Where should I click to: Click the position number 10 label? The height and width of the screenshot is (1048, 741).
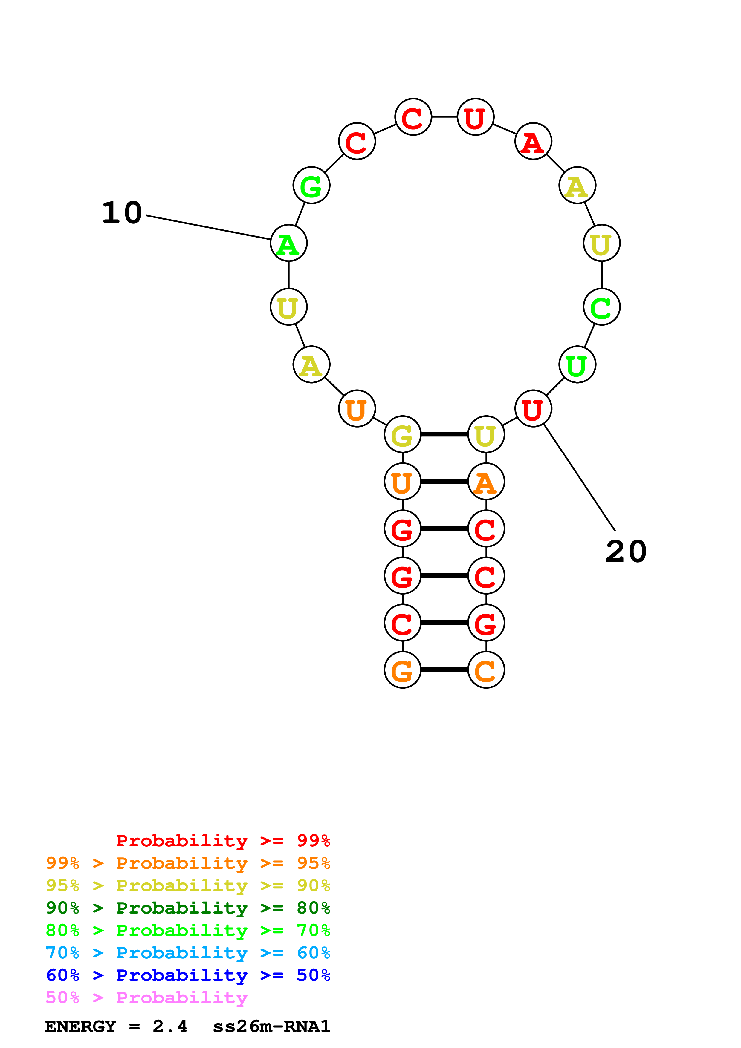[122, 213]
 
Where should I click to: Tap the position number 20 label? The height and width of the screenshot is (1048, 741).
[626, 552]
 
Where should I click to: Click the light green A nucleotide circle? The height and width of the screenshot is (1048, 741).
[288, 243]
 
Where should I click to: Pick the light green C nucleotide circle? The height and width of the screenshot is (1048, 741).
[601, 307]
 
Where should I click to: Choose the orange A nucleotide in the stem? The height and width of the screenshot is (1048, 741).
[486, 482]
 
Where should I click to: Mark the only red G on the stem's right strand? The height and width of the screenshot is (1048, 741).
[486, 623]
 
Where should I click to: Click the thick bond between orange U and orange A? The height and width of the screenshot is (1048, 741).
[444, 482]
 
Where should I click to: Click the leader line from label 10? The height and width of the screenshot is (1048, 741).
[208, 227]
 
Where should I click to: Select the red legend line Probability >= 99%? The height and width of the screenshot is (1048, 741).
[223, 841]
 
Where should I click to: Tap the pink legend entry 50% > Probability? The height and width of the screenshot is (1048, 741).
[146, 998]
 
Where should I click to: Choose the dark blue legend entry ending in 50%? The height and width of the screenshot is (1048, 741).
[188, 975]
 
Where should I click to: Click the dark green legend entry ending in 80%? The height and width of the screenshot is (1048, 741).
[188, 908]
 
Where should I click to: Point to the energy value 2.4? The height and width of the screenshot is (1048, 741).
[170, 1026]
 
